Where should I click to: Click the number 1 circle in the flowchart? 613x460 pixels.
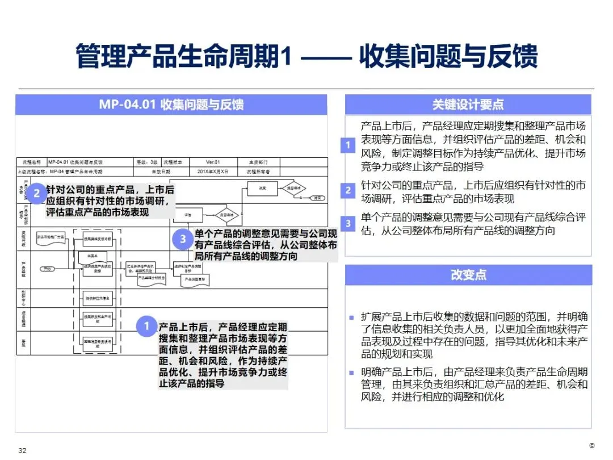click(x=146, y=326)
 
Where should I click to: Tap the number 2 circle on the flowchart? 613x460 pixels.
click(x=37, y=193)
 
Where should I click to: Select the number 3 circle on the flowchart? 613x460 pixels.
click(x=183, y=239)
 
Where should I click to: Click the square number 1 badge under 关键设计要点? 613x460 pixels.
click(x=348, y=145)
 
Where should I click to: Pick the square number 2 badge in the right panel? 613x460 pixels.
click(x=348, y=191)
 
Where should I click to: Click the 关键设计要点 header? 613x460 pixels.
click(x=468, y=104)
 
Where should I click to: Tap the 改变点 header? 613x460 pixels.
click(x=468, y=275)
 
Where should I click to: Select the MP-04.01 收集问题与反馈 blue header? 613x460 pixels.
click(x=171, y=104)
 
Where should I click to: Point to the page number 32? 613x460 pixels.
click(x=23, y=450)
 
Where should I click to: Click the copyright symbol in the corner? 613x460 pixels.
click(x=592, y=445)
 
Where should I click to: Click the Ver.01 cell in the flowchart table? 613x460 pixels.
click(x=212, y=162)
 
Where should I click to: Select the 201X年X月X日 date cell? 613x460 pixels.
click(x=212, y=171)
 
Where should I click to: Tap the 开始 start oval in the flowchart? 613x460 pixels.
click(x=48, y=269)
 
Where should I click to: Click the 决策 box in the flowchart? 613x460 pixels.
click(x=262, y=187)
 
